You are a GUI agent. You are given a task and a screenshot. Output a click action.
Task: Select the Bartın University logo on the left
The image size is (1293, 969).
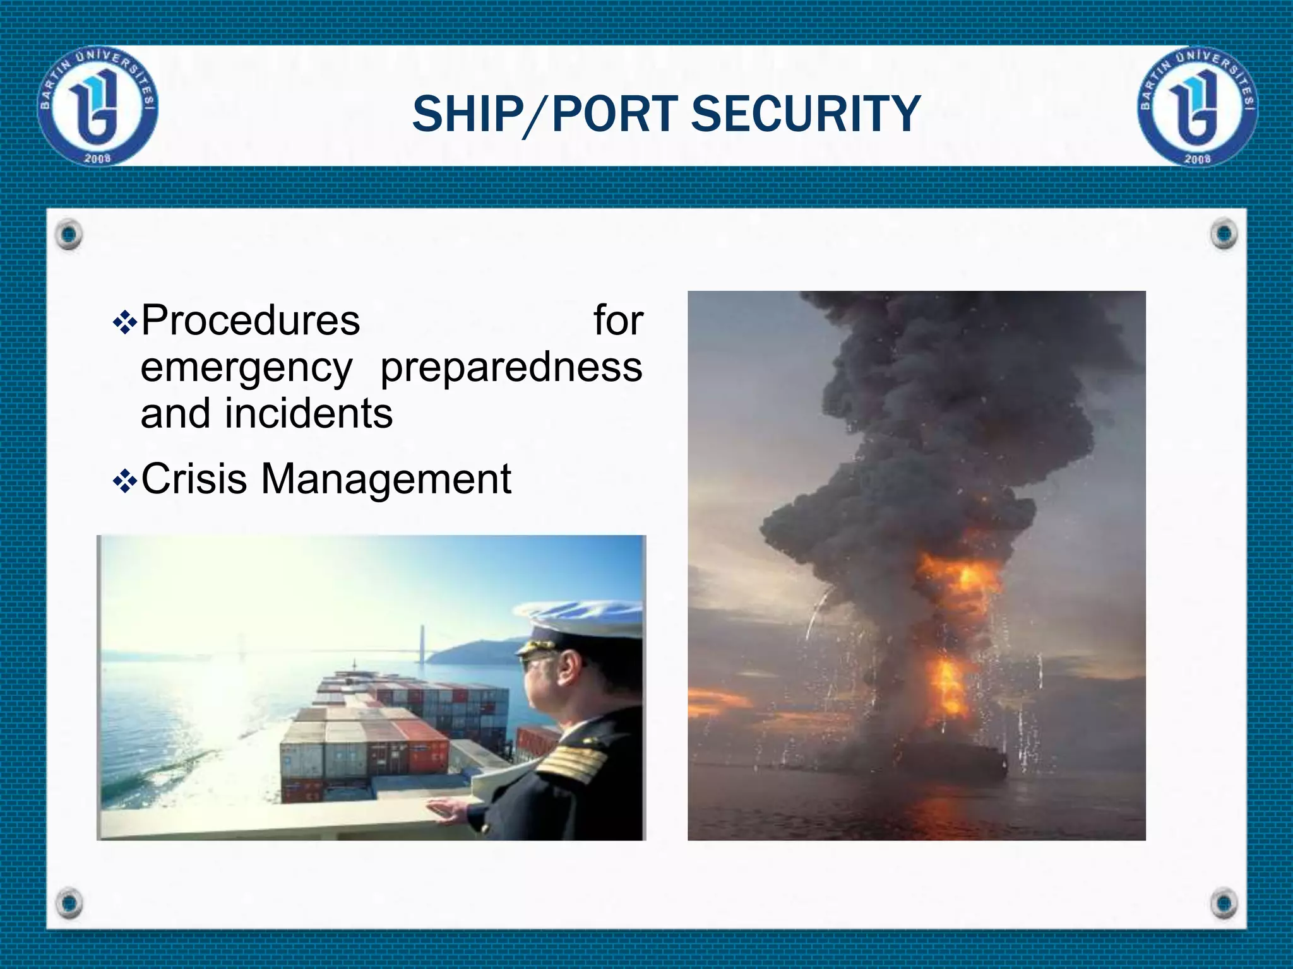(98, 106)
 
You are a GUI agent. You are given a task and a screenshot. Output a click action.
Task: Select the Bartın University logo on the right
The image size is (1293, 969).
(1198, 106)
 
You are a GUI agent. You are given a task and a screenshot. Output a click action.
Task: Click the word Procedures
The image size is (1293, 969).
(251, 320)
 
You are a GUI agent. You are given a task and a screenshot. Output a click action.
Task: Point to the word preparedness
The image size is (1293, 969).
(511, 367)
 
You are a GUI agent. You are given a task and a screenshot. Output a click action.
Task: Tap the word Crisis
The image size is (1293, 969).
(194, 478)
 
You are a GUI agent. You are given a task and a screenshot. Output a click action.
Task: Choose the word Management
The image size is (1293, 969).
(386, 479)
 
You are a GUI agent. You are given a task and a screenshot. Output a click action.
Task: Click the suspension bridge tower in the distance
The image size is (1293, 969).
(420, 643)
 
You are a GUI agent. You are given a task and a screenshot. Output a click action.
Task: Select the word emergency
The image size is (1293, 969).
(246, 368)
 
